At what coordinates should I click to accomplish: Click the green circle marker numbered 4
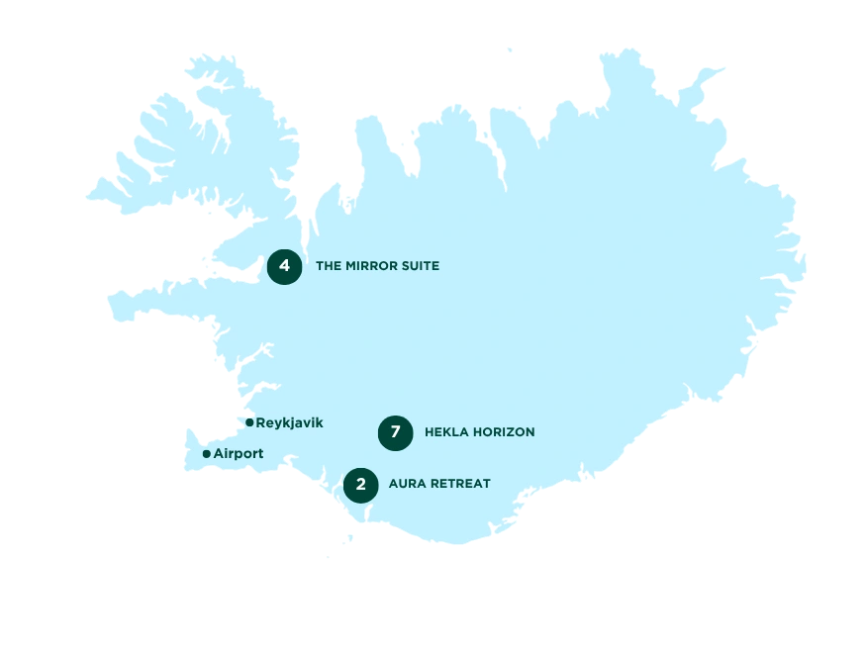click(284, 266)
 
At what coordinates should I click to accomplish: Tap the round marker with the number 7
click(396, 432)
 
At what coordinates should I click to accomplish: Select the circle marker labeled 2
click(361, 485)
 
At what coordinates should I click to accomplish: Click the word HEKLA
click(443, 432)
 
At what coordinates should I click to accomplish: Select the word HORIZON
click(502, 432)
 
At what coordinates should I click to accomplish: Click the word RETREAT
click(459, 485)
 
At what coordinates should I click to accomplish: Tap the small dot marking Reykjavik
click(249, 422)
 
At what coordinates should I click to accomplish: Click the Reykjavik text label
click(289, 422)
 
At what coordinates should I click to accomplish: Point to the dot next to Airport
click(206, 454)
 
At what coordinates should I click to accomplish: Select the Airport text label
click(239, 454)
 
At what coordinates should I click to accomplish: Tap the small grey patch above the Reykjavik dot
click(249, 415)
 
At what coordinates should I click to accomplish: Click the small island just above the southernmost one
click(348, 538)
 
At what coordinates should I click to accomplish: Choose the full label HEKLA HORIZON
click(479, 432)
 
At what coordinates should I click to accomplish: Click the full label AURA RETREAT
click(439, 485)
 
